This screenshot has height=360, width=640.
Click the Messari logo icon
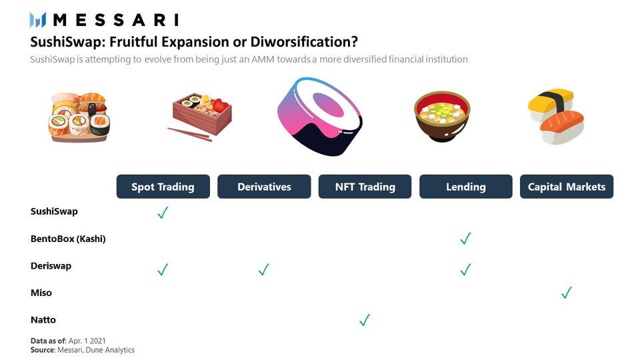click(37, 19)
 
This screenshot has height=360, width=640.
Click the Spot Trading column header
click(163, 187)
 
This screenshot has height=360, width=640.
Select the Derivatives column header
click(264, 187)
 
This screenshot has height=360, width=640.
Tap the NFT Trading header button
click(365, 187)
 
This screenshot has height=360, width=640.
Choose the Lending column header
click(466, 187)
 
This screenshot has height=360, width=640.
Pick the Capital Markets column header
click(567, 187)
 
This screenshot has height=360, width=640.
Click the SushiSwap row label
click(54, 211)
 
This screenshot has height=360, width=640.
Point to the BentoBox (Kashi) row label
click(68, 239)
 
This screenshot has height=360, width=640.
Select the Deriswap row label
click(51, 266)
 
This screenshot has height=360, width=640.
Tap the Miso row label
click(41, 293)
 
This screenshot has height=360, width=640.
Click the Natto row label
click(43, 319)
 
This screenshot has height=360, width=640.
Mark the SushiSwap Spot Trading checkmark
click(163, 212)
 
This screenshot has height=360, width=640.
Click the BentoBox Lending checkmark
click(466, 238)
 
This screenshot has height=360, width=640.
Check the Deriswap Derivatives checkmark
click(264, 269)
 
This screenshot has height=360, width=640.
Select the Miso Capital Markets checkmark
click(567, 292)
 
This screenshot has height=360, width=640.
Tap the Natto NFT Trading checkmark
click(365, 319)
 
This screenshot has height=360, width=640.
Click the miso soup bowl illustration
click(442, 116)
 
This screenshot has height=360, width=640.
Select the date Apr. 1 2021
click(87, 341)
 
